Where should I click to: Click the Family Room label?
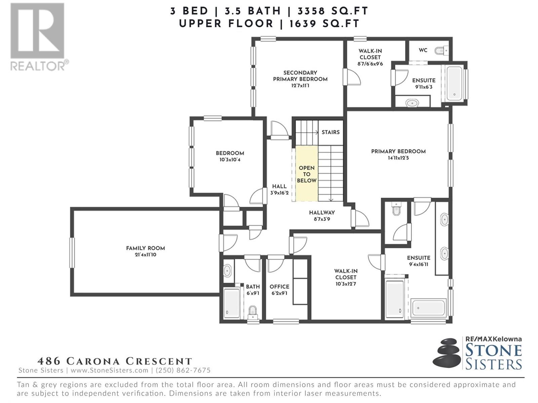[x=145, y=248]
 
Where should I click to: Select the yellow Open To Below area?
[x=307, y=174]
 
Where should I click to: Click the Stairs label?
[x=331, y=132]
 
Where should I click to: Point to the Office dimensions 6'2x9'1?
[x=279, y=293]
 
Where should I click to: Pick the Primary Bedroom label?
[x=398, y=151]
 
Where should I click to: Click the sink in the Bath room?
[x=228, y=271]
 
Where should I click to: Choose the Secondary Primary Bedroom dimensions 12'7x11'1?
[x=300, y=86]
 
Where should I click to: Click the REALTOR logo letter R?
[x=38, y=31]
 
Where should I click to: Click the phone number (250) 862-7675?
[x=183, y=370]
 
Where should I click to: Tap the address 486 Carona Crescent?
[x=115, y=361]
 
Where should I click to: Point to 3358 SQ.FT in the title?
[x=333, y=11]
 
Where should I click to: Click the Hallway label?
[x=322, y=213]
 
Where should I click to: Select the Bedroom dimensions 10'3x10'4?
[x=230, y=160]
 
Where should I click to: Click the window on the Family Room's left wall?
[x=72, y=253]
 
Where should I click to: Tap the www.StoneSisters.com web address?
[x=109, y=370]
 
